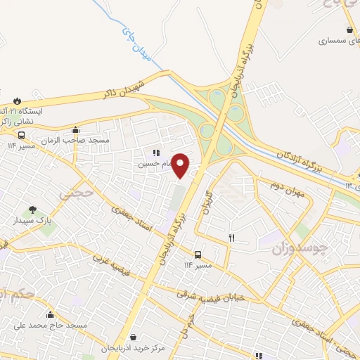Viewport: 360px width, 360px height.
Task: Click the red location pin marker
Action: pos(181,165)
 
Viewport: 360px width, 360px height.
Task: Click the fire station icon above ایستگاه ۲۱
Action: pos(18,100)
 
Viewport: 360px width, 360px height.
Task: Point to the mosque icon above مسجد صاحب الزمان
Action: pos(75,129)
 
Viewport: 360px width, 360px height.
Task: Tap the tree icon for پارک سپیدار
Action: pos(32,210)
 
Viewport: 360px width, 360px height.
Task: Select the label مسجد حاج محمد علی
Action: pos(50,326)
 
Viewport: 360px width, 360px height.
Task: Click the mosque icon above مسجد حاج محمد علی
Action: pos(50,314)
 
